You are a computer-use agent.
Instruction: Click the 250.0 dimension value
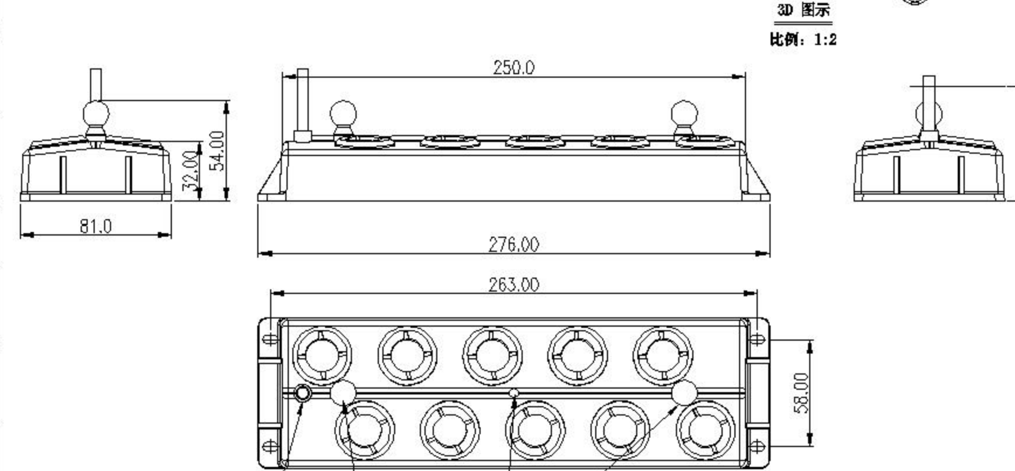point(513,68)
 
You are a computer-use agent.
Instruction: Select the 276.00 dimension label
point(513,244)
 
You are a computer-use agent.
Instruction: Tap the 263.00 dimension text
point(513,285)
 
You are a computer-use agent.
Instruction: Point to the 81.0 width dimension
point(95,226)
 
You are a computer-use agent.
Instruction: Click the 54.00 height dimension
point(217,150)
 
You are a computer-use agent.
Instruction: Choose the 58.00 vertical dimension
point(802,393)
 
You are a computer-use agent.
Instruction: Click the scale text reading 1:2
point(825,40)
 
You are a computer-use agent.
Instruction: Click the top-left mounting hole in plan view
point(270,339)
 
